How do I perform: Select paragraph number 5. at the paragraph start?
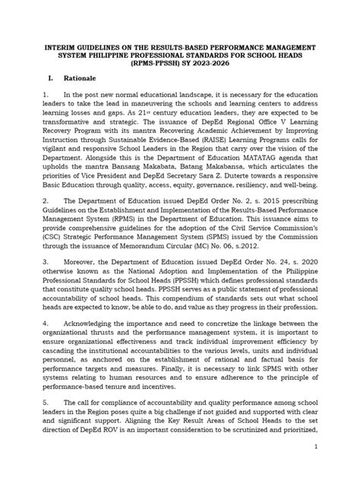click(46, 418)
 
